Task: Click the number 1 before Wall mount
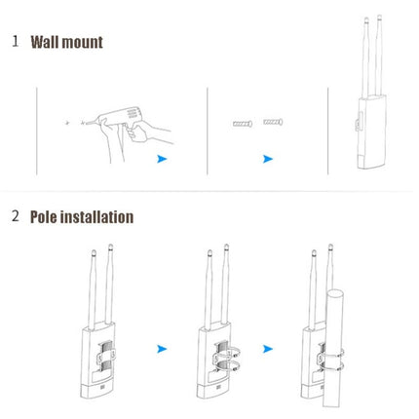coord(15,42)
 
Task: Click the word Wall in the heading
coord(48,42)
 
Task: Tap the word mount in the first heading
coord(85,42)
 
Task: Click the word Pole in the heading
coord(48,216)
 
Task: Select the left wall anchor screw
coord(242,124)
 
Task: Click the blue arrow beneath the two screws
coord(268,158)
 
